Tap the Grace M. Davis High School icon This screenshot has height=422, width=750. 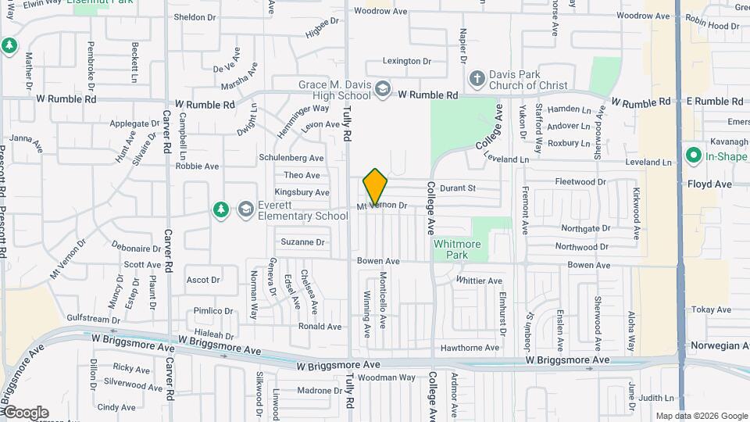click(x=382, y=90)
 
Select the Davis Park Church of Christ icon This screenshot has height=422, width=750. click(x=476, y=78)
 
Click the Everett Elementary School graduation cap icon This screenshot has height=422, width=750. click(x=246, y=209)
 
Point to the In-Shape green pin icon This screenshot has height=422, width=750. click(x=693, y=156)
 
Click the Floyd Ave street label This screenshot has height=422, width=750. click(x=709, y=184)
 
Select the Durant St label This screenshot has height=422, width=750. click(x=457, y=188)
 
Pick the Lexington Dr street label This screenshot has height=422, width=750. click(x=406, y=61)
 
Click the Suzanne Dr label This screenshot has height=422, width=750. click(x=302, y=242)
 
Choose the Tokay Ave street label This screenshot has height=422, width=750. click(x=712, y=309)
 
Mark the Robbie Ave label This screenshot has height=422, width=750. click(x=197, y=166)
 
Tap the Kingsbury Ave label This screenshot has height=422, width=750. click(x=302, y=192)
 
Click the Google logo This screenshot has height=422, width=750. click(x=25, y=413)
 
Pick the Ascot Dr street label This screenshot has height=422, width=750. click(x=202, y=280)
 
